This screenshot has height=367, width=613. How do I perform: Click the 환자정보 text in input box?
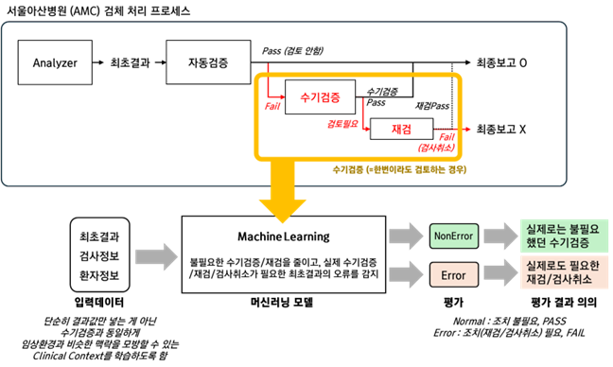point(99,276)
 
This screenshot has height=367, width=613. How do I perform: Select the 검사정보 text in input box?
point(99,255)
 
